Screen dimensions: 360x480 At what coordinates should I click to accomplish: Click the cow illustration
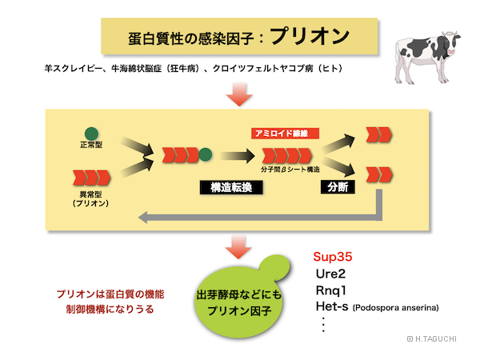(429, 52)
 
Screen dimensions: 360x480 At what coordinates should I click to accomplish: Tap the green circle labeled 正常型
(92, 133)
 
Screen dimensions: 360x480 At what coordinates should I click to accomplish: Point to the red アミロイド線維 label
(285, 133)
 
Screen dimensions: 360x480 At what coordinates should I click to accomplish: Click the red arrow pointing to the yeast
(238, 246)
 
